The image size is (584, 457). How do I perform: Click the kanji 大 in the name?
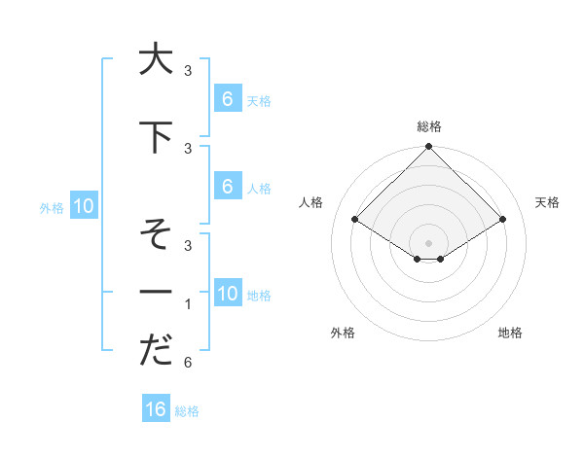[154, 59]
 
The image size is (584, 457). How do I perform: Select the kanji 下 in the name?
[154, 137]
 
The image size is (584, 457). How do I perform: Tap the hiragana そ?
[154, 234]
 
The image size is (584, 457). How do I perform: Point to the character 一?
[154, 293]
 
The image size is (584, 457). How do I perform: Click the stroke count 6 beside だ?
[188, 363]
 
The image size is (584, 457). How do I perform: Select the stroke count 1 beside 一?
[188, 304]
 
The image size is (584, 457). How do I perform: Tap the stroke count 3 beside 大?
[188, 71]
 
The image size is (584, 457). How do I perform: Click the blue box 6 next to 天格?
[227, 98]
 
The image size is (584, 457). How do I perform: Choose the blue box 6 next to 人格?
[227, 186]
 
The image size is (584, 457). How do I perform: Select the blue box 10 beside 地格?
[227, 293]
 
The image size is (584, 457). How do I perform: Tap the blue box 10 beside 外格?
[83, 205]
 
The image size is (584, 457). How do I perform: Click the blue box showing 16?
[156, 409]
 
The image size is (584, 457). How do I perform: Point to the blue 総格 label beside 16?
[188, 411]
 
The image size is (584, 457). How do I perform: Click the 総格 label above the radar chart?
[428, 126]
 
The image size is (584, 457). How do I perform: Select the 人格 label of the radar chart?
[311, 202]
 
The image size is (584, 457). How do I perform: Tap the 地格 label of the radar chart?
[510, 333]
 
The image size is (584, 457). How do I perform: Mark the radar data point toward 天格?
[503, 220]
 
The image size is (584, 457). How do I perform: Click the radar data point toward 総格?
[428, 147]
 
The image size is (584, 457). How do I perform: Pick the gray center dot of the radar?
[428, 242]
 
